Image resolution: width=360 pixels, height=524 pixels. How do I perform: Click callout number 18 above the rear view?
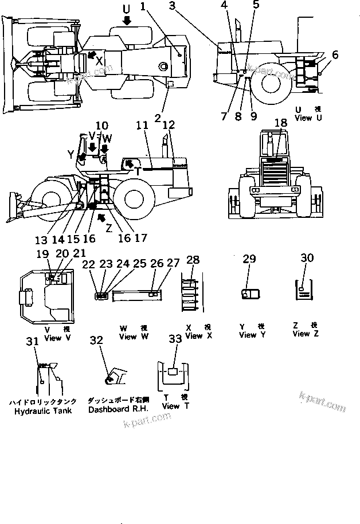pos(280,123)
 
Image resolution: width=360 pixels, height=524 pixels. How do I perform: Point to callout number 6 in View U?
pos(335,55)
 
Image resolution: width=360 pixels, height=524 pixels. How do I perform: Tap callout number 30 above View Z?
pos(307,259)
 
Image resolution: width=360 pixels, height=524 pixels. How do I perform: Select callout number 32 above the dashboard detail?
pos(96,340)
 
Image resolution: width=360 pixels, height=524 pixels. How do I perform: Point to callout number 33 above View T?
pos(174,339)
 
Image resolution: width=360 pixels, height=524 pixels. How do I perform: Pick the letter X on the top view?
pos(100,59)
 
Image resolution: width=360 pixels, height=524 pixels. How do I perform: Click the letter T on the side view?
pos(138,170)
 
